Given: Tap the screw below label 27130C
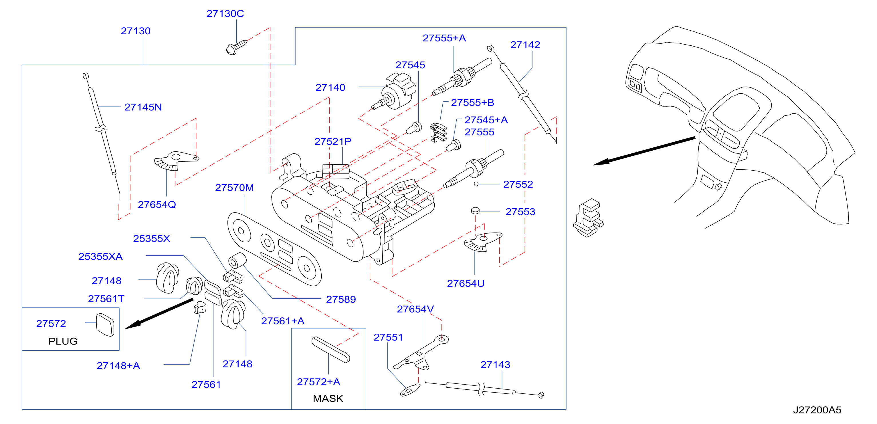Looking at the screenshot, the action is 237,47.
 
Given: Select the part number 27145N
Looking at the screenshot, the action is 143,107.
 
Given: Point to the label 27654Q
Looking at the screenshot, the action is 157,204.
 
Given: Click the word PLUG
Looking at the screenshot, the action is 63,341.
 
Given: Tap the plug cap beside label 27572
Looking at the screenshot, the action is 105,325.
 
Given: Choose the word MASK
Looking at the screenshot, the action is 328,398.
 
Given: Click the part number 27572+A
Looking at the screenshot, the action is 318,381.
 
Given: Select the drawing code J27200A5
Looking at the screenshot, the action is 817,410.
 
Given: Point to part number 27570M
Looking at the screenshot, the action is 234,187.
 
